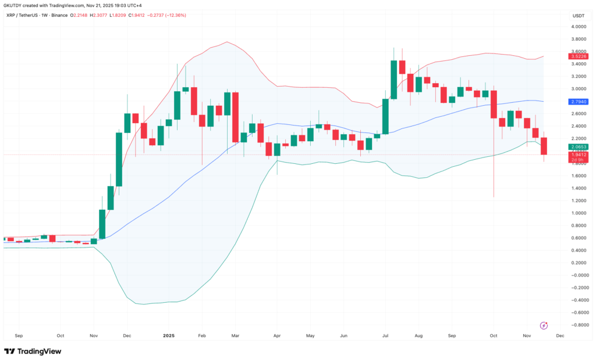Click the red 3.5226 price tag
pyautogui.click(x=579, y=56)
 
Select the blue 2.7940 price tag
pyautogui.click(x=579, y=102)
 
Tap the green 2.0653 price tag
pyautogui.click(x=579, y=147)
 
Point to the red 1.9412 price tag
pyautogui.click(x=579, y=155)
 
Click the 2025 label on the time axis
pyautogui.click(x=168, y=335)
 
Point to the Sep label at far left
pyautogui.click(x=18, y=335)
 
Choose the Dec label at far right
pyautogui.click(x=560, y=335)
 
